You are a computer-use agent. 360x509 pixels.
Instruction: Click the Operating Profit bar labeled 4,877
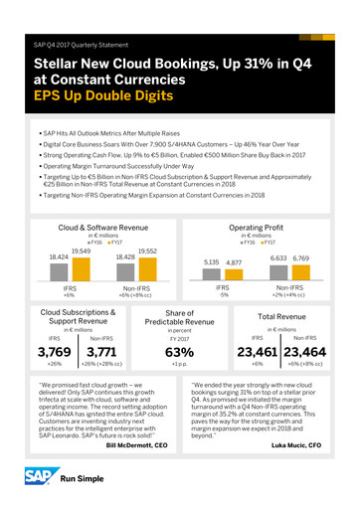[x=235, y=249]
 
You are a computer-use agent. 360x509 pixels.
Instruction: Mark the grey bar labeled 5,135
[x=213, y=248]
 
